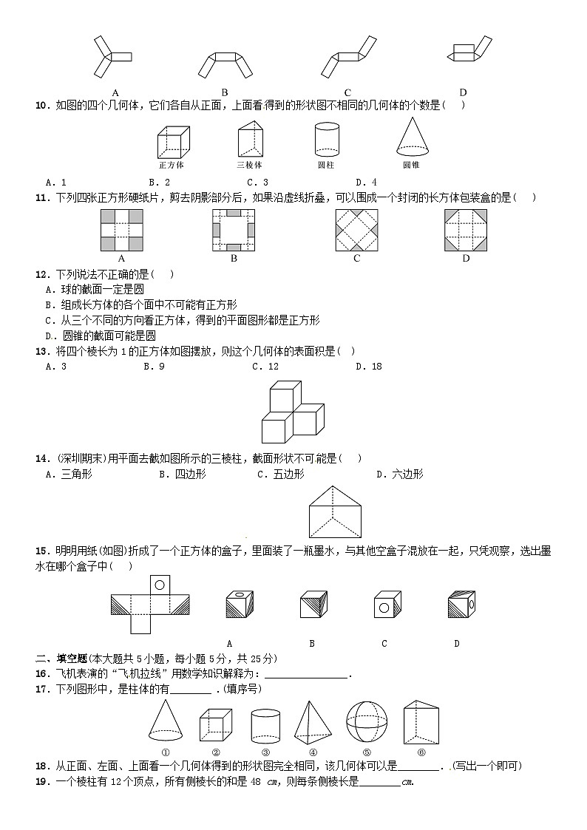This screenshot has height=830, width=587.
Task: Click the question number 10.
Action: [x=41, y=105]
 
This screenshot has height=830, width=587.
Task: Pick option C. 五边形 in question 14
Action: [x=280, y=474]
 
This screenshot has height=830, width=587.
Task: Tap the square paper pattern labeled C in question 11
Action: [x=356, y=231]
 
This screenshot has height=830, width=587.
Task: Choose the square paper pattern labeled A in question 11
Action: [x=121, y=231]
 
